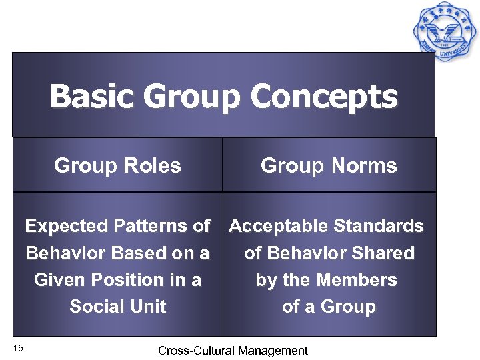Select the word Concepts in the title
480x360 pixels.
pyautogui.click(x=324, y=97)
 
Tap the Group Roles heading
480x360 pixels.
pyautogui.click(x=117, y=165)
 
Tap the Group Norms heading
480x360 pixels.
pyautogui.click(x=329, y=165)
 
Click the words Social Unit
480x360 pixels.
pyautogui.click(x=118, y=307)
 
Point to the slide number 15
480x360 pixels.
pyautogui.click(x=18, y=347)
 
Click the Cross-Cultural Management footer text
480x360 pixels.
pyautogui.click(x=233, y=351)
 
